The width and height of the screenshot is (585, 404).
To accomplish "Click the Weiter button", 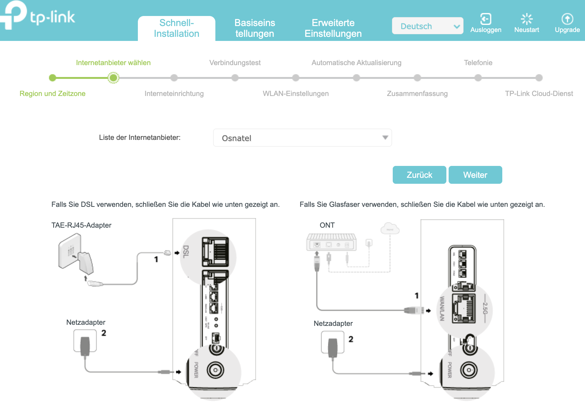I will (475, 175).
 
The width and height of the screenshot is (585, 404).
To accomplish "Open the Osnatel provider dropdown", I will (302, 138).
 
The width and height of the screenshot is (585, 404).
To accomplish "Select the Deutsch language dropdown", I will (427, 26).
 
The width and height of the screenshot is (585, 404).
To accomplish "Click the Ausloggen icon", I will (486, 19).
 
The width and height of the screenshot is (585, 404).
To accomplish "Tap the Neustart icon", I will (526, 19).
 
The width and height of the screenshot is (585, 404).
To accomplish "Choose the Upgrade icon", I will (567, 19).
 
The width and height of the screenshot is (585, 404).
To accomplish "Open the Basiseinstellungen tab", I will (254, 28).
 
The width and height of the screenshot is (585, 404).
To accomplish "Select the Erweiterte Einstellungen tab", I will (333, 28).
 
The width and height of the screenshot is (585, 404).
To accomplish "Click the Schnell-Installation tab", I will (176, 28).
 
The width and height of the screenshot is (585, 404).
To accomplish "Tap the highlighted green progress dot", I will (113, 78).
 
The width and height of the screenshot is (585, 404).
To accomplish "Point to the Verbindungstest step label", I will (235, 63).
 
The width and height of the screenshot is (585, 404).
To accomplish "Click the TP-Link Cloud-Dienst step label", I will (539, 94).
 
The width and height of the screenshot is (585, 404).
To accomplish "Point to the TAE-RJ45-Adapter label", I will (81, 225).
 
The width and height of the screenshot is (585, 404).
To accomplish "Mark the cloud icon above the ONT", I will (390, 228).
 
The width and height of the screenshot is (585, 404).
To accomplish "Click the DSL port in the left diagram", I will (215, 252).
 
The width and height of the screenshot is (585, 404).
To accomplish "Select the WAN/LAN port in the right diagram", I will (464, 308).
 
